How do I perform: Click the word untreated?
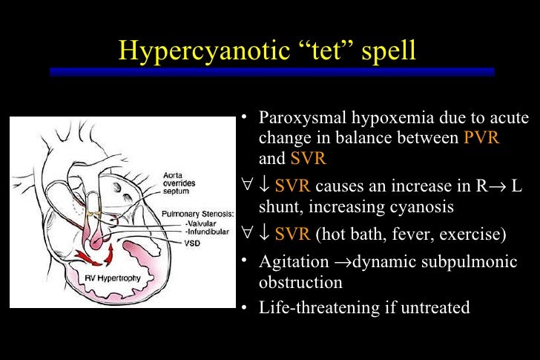click(440, 307)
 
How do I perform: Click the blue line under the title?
click(271, 71)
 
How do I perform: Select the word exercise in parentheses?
click(471, 235)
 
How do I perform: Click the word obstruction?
click(300, 283)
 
